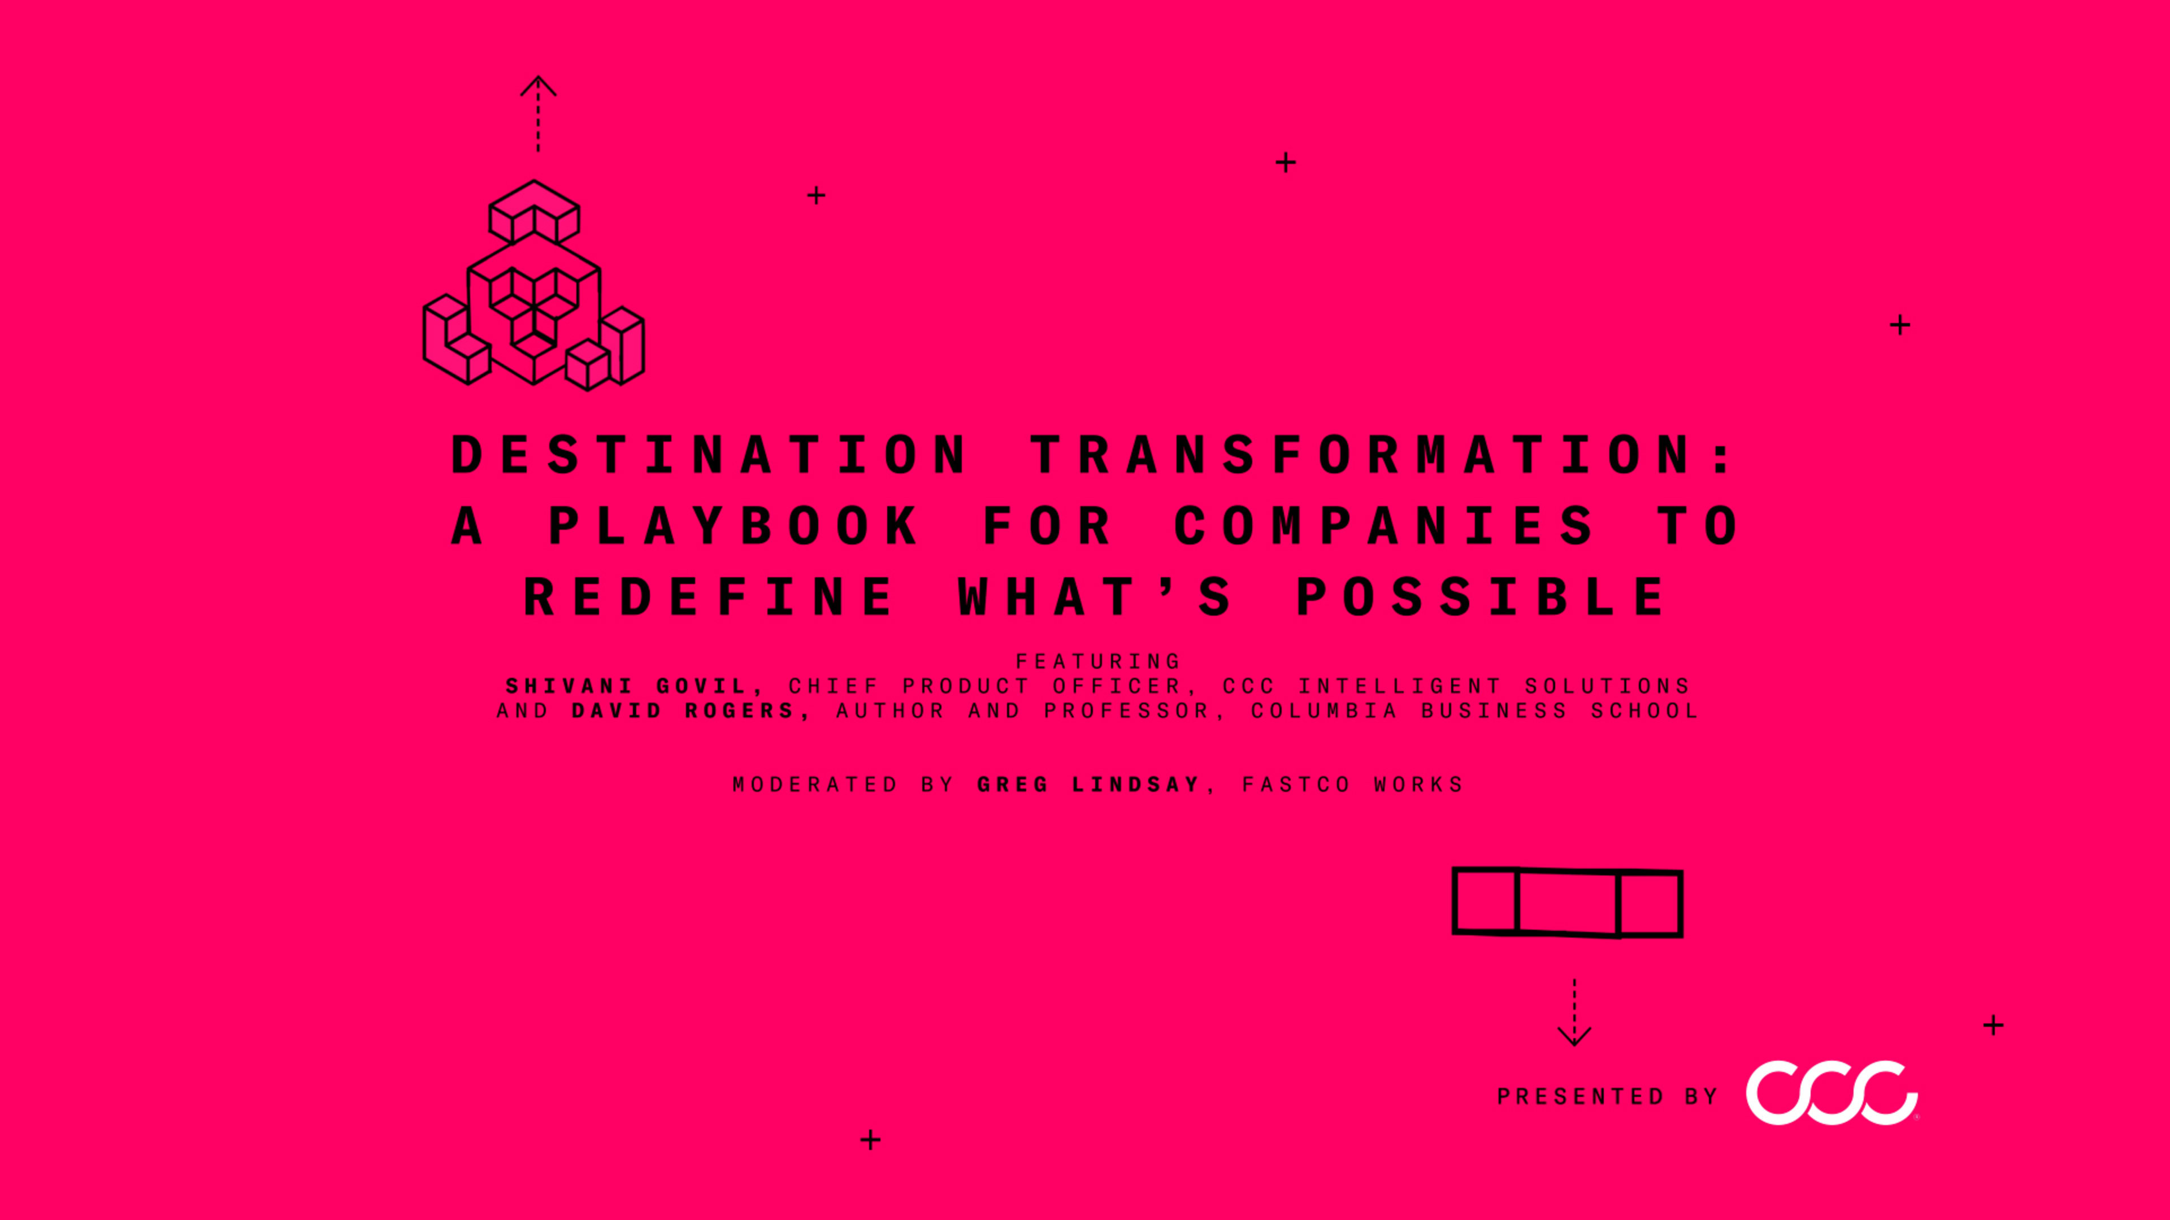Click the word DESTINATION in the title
click(709, 455)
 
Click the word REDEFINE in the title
click(709, 597)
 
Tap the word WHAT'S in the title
click(1094, 597)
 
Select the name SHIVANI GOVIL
click(633, 686)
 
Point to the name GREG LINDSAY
click(1088, 785)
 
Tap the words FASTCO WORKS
click(1352, 785)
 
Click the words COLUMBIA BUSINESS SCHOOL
click(1474, 711)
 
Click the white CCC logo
click(1832, 1093)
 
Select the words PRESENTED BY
click(1607, 1096)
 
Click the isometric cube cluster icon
click(534, 286)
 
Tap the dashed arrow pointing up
click(539, 114)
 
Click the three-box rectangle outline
click(1567, 903)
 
